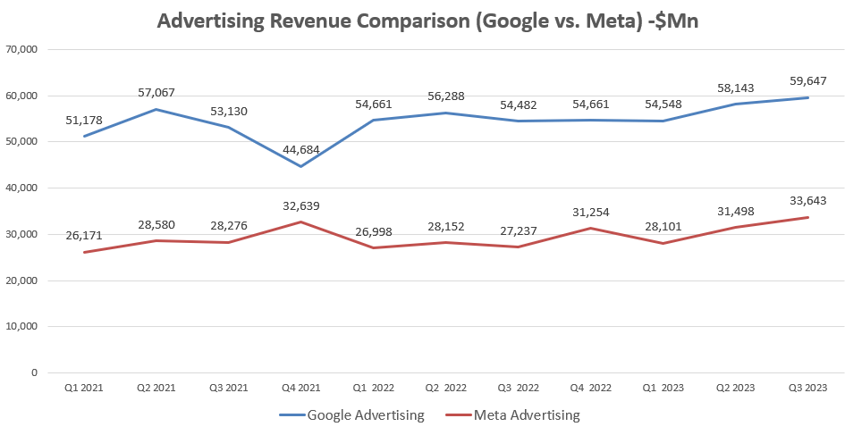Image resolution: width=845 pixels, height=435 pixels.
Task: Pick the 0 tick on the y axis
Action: [34, 372]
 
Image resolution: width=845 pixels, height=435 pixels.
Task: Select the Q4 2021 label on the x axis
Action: [302, 388]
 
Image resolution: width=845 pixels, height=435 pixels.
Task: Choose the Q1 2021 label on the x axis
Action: [83, 388]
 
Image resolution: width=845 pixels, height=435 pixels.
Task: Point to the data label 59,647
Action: [808, 79]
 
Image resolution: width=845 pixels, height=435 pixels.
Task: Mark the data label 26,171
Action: [84, 236]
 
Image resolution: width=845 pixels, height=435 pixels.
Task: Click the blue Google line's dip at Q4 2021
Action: [302, 166]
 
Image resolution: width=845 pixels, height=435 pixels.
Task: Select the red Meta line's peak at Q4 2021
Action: [302, 222]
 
